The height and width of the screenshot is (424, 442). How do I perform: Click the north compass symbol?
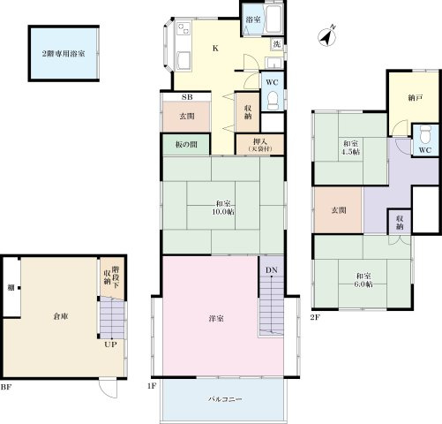click(327, 37)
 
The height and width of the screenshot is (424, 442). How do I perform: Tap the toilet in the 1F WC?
click(273, 101)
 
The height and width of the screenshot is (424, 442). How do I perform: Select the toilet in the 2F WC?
click(425, 134)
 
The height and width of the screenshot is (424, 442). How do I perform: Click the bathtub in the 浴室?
click(273, 19)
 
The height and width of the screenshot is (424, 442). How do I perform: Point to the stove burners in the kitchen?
click(184, 28)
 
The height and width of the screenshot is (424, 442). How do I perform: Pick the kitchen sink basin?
click(184, 60)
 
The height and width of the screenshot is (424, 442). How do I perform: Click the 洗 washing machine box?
click(277, 44)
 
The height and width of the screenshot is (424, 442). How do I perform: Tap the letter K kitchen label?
click(215, 49)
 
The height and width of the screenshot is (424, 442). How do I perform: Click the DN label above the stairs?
click(272, 270)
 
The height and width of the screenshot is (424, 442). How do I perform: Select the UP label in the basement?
click(110, 344)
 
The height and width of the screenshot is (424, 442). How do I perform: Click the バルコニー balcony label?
click(225, 399)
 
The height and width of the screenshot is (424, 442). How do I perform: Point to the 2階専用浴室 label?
click(64, 54)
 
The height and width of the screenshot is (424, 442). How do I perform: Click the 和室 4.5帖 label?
click(350, 148)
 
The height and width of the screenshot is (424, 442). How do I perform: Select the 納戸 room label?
click(416, 98)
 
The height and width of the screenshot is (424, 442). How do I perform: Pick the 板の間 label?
click(186, 145)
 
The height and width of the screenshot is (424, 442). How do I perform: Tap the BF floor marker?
click(6, 387)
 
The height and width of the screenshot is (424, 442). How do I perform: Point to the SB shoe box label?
click(187, 97)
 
